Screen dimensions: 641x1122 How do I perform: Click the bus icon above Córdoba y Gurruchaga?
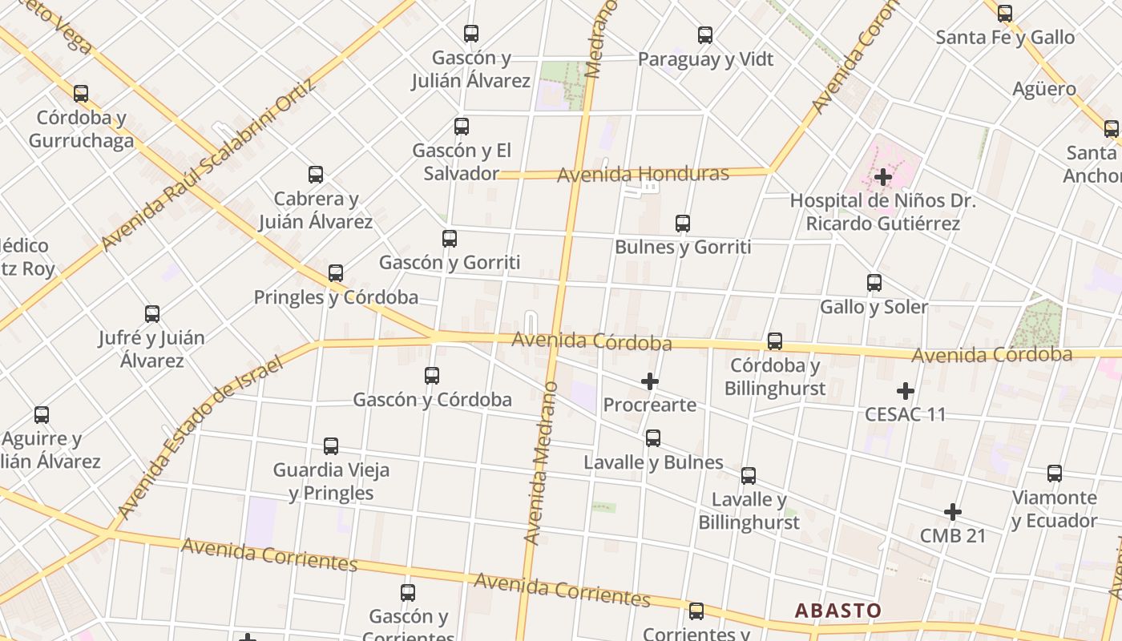[81, 94]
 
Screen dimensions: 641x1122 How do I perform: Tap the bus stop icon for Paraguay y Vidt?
[705, 35]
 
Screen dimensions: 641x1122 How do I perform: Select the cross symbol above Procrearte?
[650, 381]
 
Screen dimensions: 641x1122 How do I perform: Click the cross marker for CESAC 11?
[906, 391]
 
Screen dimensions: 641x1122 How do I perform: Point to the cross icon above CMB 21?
[953, 512]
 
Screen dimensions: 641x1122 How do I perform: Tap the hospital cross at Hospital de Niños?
[884, 176]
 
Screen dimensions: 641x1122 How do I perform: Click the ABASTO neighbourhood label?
[837, 611]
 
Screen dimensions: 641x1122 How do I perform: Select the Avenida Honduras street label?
[644, 174]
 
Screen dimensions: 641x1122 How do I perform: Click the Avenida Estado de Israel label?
[201, 437]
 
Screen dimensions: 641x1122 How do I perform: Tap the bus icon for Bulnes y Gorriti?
[683, 224]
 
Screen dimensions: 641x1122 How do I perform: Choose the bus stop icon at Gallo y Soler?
[874, 283]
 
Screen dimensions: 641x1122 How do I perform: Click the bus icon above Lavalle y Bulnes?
[653, 438]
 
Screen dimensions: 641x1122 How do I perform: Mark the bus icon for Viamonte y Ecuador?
[1055, 474]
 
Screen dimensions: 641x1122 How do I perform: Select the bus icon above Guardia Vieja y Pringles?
[331, 446]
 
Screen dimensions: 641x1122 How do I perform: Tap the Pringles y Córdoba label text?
[336, 297]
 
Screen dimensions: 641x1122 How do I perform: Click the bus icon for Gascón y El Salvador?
[462, 127]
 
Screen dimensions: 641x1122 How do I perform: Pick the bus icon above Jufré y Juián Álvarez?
[152, 314]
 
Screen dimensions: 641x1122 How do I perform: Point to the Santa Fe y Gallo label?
[1005, 38]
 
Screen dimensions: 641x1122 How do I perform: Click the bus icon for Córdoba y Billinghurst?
[775, 341]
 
